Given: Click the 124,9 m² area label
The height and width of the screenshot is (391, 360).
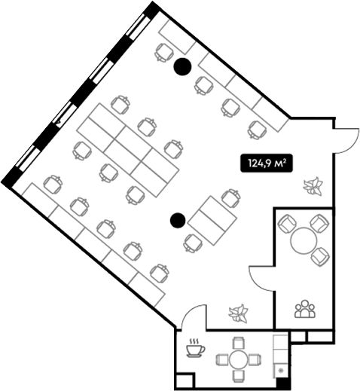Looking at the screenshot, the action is pos(267,163).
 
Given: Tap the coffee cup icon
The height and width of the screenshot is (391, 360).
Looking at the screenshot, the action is pos(195,348).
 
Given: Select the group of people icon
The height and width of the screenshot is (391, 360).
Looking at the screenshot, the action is pos(305,309).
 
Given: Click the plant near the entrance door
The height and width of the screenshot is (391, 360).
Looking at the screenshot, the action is pos(313,186).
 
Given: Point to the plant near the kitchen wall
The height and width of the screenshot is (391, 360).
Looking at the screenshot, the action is pos(238,313).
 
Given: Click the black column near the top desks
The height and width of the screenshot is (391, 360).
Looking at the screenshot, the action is pos(183,66).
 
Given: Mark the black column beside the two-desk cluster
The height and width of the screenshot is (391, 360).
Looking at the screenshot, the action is pos(178,220).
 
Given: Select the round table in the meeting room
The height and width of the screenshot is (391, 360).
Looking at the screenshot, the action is pos(304,241).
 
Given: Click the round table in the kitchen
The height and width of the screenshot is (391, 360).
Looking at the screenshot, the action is pos(239,359).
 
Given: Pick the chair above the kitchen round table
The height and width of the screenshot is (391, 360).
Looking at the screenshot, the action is pos(239,343).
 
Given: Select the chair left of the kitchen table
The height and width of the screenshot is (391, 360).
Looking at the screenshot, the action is pos(222,359).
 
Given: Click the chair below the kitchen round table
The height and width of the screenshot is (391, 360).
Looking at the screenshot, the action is pos(239,376).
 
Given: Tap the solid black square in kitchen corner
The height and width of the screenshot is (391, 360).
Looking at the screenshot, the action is pos(283,383).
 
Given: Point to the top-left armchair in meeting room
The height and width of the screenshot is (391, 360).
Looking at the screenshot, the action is pos(287,224).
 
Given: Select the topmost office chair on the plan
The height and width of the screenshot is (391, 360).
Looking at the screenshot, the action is pos(164,53).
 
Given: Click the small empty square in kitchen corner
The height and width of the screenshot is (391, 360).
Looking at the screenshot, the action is pos(185,381).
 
